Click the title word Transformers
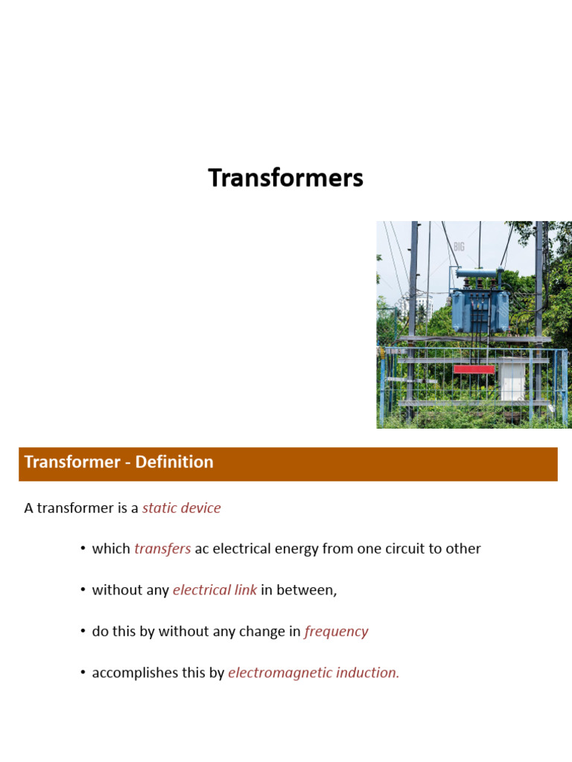[285, 179]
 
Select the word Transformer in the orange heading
[73, 462]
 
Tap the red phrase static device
[181, 508]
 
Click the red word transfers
[162, 549]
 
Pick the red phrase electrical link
[214, 590]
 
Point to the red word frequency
[336, 632]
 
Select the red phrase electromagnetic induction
[314, 673]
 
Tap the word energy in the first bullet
[297, 549]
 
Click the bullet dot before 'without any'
[83, 590]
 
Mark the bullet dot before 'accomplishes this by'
[83, 673]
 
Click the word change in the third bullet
[260, 632]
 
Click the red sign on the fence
[474, 369]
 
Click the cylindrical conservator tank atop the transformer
[479, 274]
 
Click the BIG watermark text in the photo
[459, 246]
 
